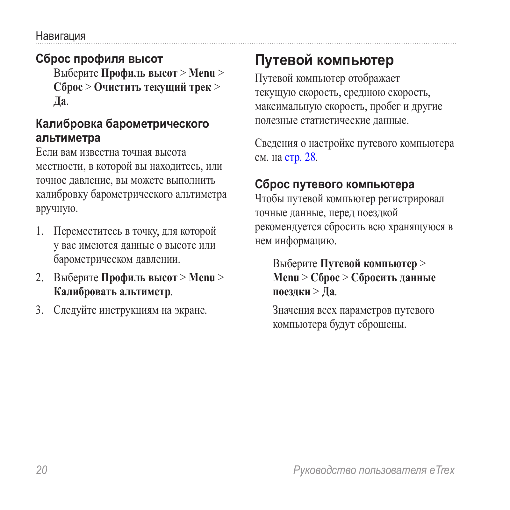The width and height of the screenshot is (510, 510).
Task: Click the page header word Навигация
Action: pos(61,36)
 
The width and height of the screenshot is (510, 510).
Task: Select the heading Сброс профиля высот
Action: pos(99,59)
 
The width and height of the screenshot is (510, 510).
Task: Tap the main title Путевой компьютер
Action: pos(324,60)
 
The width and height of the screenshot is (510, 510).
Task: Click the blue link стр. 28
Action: pos(300,157)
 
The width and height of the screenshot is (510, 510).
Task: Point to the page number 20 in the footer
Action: pos(42,470)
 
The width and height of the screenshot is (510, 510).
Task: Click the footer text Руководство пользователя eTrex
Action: pos(374,470)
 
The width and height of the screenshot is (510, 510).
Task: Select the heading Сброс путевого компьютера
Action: pos(334,184)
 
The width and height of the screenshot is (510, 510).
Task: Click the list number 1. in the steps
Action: pos(40,231)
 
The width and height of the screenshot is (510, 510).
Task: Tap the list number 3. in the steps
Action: pos(40,310)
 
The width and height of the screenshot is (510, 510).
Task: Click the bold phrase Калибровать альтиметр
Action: pos(112,291)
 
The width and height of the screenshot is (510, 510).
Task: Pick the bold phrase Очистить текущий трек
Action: pos(152,87)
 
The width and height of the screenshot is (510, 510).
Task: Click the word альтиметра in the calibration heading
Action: pos(68,138)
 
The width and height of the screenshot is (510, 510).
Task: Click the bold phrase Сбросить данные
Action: pos(393,277)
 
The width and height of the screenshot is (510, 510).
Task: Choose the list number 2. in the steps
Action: pos(40,277)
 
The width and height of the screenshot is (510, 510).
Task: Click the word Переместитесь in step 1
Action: pos(88,231)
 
